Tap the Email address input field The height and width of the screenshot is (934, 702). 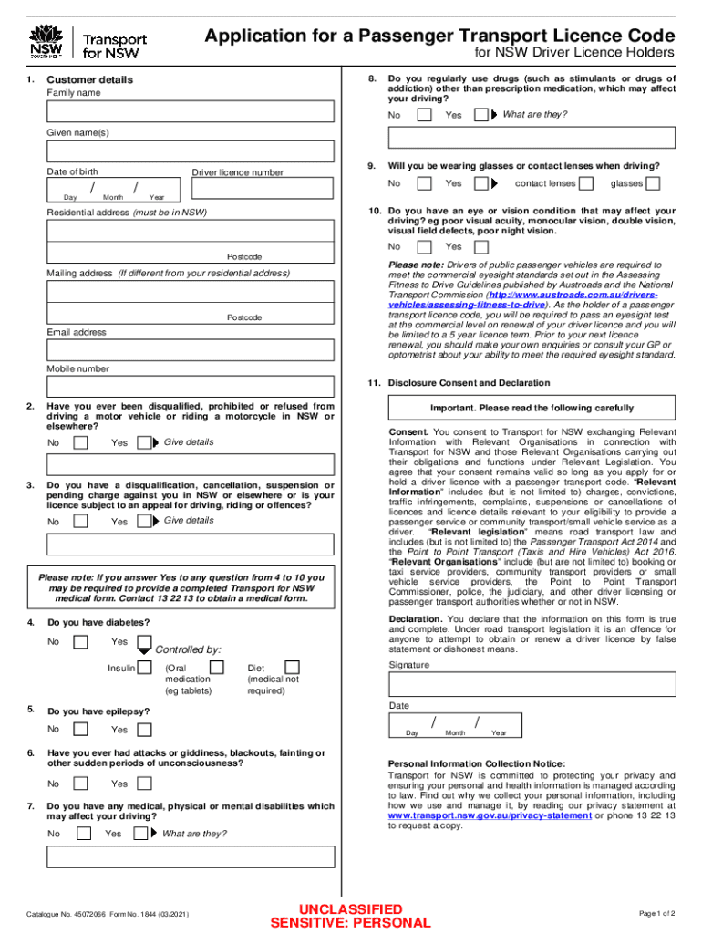191,350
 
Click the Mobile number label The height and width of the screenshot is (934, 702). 78,369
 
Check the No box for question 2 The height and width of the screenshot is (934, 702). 81,443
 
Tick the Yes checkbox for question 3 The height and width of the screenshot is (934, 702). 143,522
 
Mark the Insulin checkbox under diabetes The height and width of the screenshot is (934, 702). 144,669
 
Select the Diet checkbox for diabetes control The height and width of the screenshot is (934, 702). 292,669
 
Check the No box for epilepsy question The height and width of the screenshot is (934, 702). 81,729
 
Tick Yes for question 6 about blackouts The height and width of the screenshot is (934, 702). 143,784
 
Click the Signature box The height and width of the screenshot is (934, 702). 532,684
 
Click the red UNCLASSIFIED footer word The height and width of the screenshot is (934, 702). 351,909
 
